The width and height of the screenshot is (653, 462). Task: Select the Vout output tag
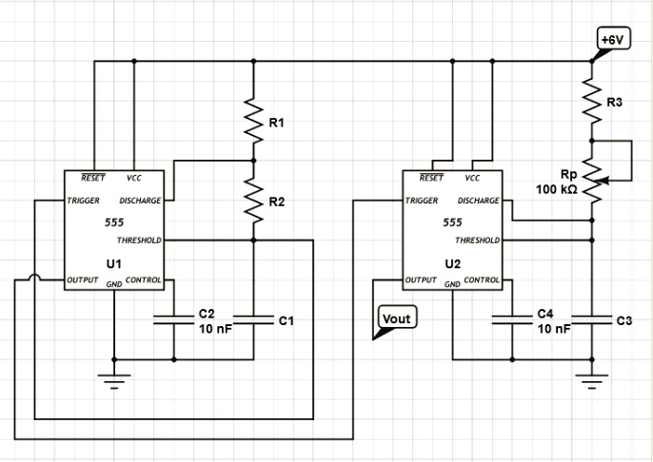click(x=395, y=319)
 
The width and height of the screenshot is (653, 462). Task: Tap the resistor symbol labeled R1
click(x=253, y=123)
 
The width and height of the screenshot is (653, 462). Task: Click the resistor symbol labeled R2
click(x=253, y=202)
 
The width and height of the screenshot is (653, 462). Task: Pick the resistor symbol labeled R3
click(x=592, y=103)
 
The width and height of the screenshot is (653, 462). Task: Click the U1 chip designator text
click(x=113, y=261)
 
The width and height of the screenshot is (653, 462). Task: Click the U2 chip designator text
click(x=452, y=261)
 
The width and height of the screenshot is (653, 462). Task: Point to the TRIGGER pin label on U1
click(x=83, y=202)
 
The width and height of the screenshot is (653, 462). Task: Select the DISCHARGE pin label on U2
click(x=478, y=202)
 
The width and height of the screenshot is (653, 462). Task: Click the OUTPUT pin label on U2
click(x=422, y=281)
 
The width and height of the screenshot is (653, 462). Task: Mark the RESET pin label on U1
click(x=93, y=178)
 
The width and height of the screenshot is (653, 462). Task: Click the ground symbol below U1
click(x=114, y=382)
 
